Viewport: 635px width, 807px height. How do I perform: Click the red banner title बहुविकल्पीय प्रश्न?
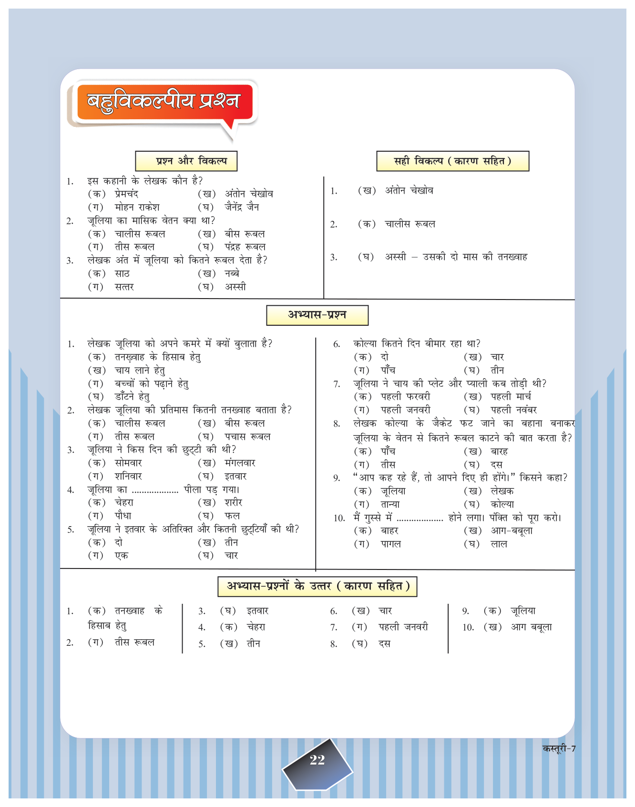[164, 101]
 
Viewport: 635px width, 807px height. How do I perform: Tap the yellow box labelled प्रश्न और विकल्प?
[186, 161]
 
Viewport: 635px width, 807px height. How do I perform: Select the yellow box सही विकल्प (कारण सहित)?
[452, 161]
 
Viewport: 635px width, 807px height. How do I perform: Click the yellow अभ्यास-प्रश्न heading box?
[317, 315]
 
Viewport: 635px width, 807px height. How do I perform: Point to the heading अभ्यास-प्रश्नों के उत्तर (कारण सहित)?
[317, 586]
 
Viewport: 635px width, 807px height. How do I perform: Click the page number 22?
[317, 760]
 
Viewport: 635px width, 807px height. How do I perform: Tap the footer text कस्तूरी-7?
[559, 748]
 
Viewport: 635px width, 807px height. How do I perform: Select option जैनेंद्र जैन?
[242, 207]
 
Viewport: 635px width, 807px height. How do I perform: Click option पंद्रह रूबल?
[245, 247]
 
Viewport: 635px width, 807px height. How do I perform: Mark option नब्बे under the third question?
[232, 273]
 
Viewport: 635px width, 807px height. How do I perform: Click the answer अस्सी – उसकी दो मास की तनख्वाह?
[456, 257]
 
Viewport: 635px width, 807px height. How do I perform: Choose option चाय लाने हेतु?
[140, 370]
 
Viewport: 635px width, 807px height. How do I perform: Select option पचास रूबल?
[247, 436]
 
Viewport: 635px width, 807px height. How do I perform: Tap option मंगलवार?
[240, 463]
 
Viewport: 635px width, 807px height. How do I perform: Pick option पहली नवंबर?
[514, 410]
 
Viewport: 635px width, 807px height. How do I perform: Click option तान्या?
[390, 504]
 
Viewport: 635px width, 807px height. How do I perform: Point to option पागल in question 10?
[390, 544]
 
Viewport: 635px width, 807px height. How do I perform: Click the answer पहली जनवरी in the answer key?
[403, 627]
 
